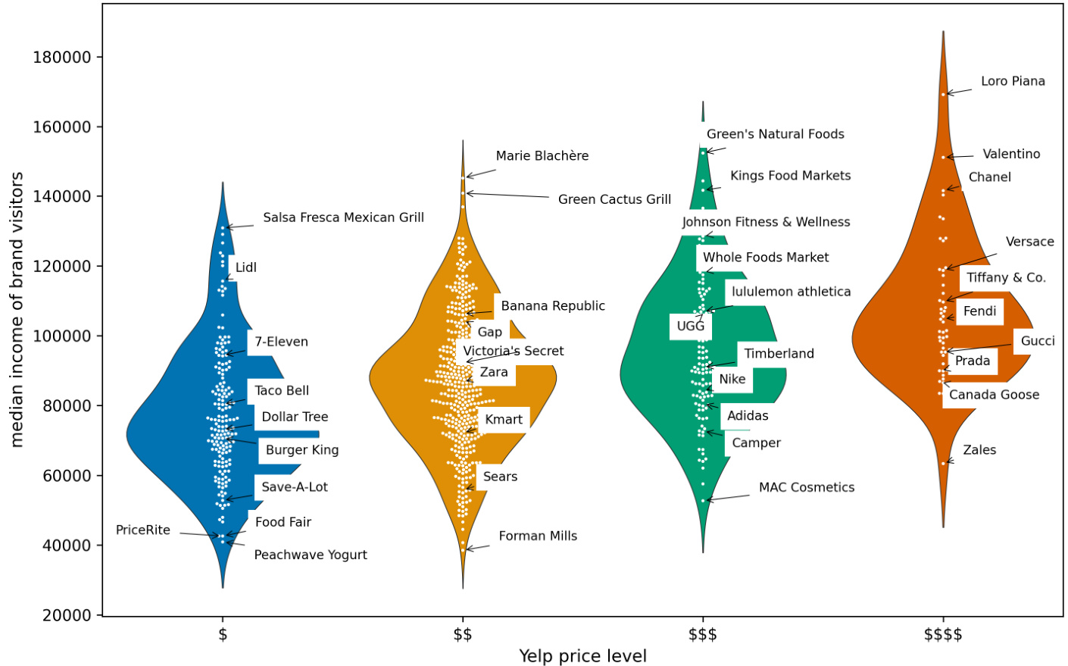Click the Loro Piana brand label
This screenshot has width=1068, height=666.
[1012, 81]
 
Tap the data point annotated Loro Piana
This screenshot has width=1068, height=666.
[943, 94]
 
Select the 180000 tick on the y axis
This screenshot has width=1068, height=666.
[61, 58]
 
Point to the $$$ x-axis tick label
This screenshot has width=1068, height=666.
[702, 634]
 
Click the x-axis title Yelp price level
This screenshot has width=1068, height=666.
[582, 656]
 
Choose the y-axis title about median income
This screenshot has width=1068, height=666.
[17, 309]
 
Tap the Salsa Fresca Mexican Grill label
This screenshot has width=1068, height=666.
[343, 217]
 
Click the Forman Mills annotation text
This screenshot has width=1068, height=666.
[538, 536]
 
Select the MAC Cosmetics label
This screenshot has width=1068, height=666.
[806, 487]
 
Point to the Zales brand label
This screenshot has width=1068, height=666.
[979, 450]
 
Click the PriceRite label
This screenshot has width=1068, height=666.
[142, 530]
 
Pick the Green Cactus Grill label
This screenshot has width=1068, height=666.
[614, 199]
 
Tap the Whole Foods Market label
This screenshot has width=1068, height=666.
[765, 258]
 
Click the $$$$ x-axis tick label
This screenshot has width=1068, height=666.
[942, 634]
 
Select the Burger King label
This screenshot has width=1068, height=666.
[301, 450]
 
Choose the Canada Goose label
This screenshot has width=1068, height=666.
[993, 395]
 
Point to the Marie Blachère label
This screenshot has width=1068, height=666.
[542, 156]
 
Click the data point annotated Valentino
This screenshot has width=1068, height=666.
[943, 158]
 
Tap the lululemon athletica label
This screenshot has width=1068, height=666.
[790, 292]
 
